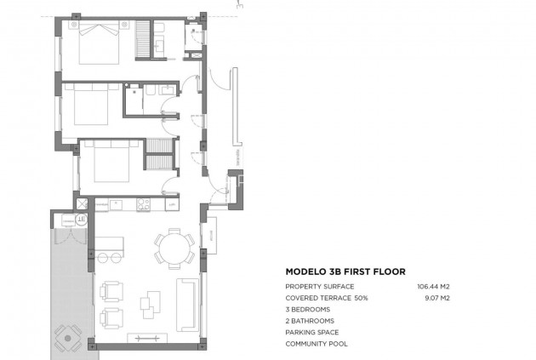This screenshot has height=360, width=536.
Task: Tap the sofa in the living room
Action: [186, 304]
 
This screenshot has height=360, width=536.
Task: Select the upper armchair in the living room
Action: [112, 292]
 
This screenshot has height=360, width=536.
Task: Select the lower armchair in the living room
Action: [112, 317]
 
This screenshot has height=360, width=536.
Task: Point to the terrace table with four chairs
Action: [66, 339]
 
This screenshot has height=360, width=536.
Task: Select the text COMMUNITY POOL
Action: [316, 344]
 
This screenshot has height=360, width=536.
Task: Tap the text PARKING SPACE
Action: [312, 332]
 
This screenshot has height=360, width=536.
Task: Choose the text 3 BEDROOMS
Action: [309, 310]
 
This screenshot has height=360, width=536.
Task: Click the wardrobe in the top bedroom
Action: [143, 38]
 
